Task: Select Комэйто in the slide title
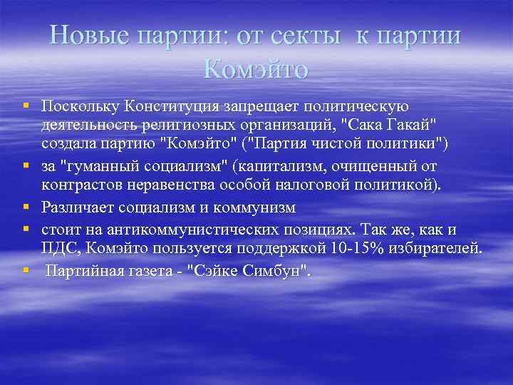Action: coord(256,68)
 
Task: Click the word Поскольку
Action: coord(80,107)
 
